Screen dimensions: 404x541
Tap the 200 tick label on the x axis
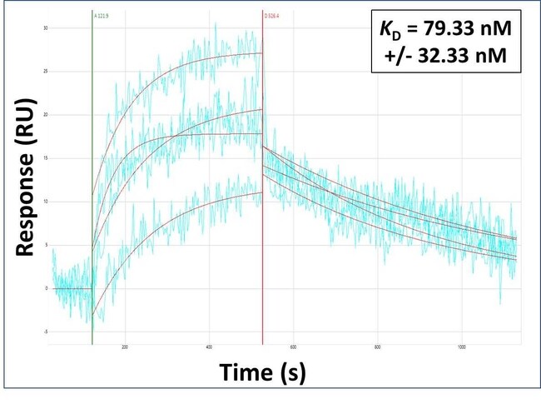tap(125, 347)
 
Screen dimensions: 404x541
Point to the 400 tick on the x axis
tap(209, 347)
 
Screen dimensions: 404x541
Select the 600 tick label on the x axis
tap(293, 347)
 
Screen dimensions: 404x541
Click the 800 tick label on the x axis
tap(378, 347)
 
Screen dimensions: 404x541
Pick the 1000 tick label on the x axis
tap(462, 347)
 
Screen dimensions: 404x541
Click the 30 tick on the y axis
tap(44, 28)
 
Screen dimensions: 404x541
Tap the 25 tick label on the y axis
tap(44, 72)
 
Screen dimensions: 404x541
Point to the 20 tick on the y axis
tap(44, 115)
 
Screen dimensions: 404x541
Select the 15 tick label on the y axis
tap(44, 158)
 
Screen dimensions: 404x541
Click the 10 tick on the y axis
tap(44, 202)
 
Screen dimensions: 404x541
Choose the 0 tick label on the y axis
tap(46, 288)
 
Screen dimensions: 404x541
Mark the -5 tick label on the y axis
tap(44, 332)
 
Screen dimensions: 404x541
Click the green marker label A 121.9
tap(102, 15)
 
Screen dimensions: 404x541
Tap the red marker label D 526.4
tap(272, 15)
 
